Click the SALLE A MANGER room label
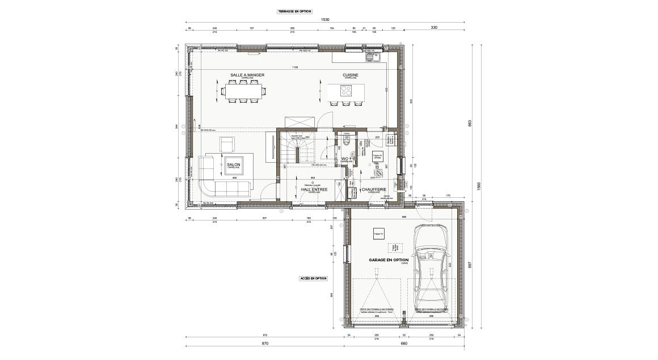click(x=247, y=75)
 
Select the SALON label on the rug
click(x=233, y=165)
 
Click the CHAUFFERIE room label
click(x=373, y=189)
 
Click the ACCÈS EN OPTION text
click(x=313, y=278)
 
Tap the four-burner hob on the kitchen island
click(x=345, y=91)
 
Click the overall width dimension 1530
click(x=325, y=20)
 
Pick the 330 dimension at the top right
click(x=434, y=27)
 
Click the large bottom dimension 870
click(x=264, y=344)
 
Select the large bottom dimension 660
click(x=404, y=344)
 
